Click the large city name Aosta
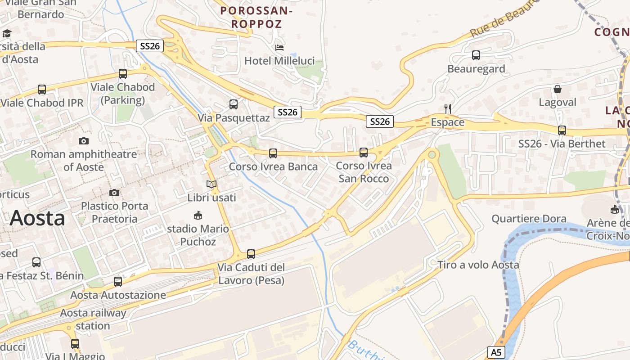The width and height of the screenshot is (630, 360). tap(37, 218)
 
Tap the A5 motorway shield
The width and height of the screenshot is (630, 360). tap(496, 352)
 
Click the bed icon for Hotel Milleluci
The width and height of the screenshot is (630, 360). tap(279, 47)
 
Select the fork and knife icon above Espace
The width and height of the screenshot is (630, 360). tap(447, 108)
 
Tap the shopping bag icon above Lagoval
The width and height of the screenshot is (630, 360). tap(558, 89)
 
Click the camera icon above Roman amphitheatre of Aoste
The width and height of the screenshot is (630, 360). tap(84, 141)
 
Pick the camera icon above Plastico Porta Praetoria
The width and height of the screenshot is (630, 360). tap(114, 193)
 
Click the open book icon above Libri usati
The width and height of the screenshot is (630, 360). tap(211, 184)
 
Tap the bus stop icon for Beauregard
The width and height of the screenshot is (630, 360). tap(476, 55)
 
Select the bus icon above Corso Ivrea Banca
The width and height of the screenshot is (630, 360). tap(273, 153)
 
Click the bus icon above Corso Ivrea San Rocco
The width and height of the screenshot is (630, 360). tap(364, 153)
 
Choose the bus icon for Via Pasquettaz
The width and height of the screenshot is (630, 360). tap(234, 104)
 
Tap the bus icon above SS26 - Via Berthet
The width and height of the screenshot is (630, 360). tap(562, 130)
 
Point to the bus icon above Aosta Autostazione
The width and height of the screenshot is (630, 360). tap(118, 282)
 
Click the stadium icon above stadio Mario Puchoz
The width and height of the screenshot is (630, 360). tap(198, 216)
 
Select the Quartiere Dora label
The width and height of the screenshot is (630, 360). tap(529, 219)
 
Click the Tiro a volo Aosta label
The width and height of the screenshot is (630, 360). tap(478, 265)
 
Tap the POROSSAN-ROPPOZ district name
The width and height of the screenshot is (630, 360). tap(256, 17)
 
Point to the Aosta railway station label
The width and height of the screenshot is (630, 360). tap(93, 319)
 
